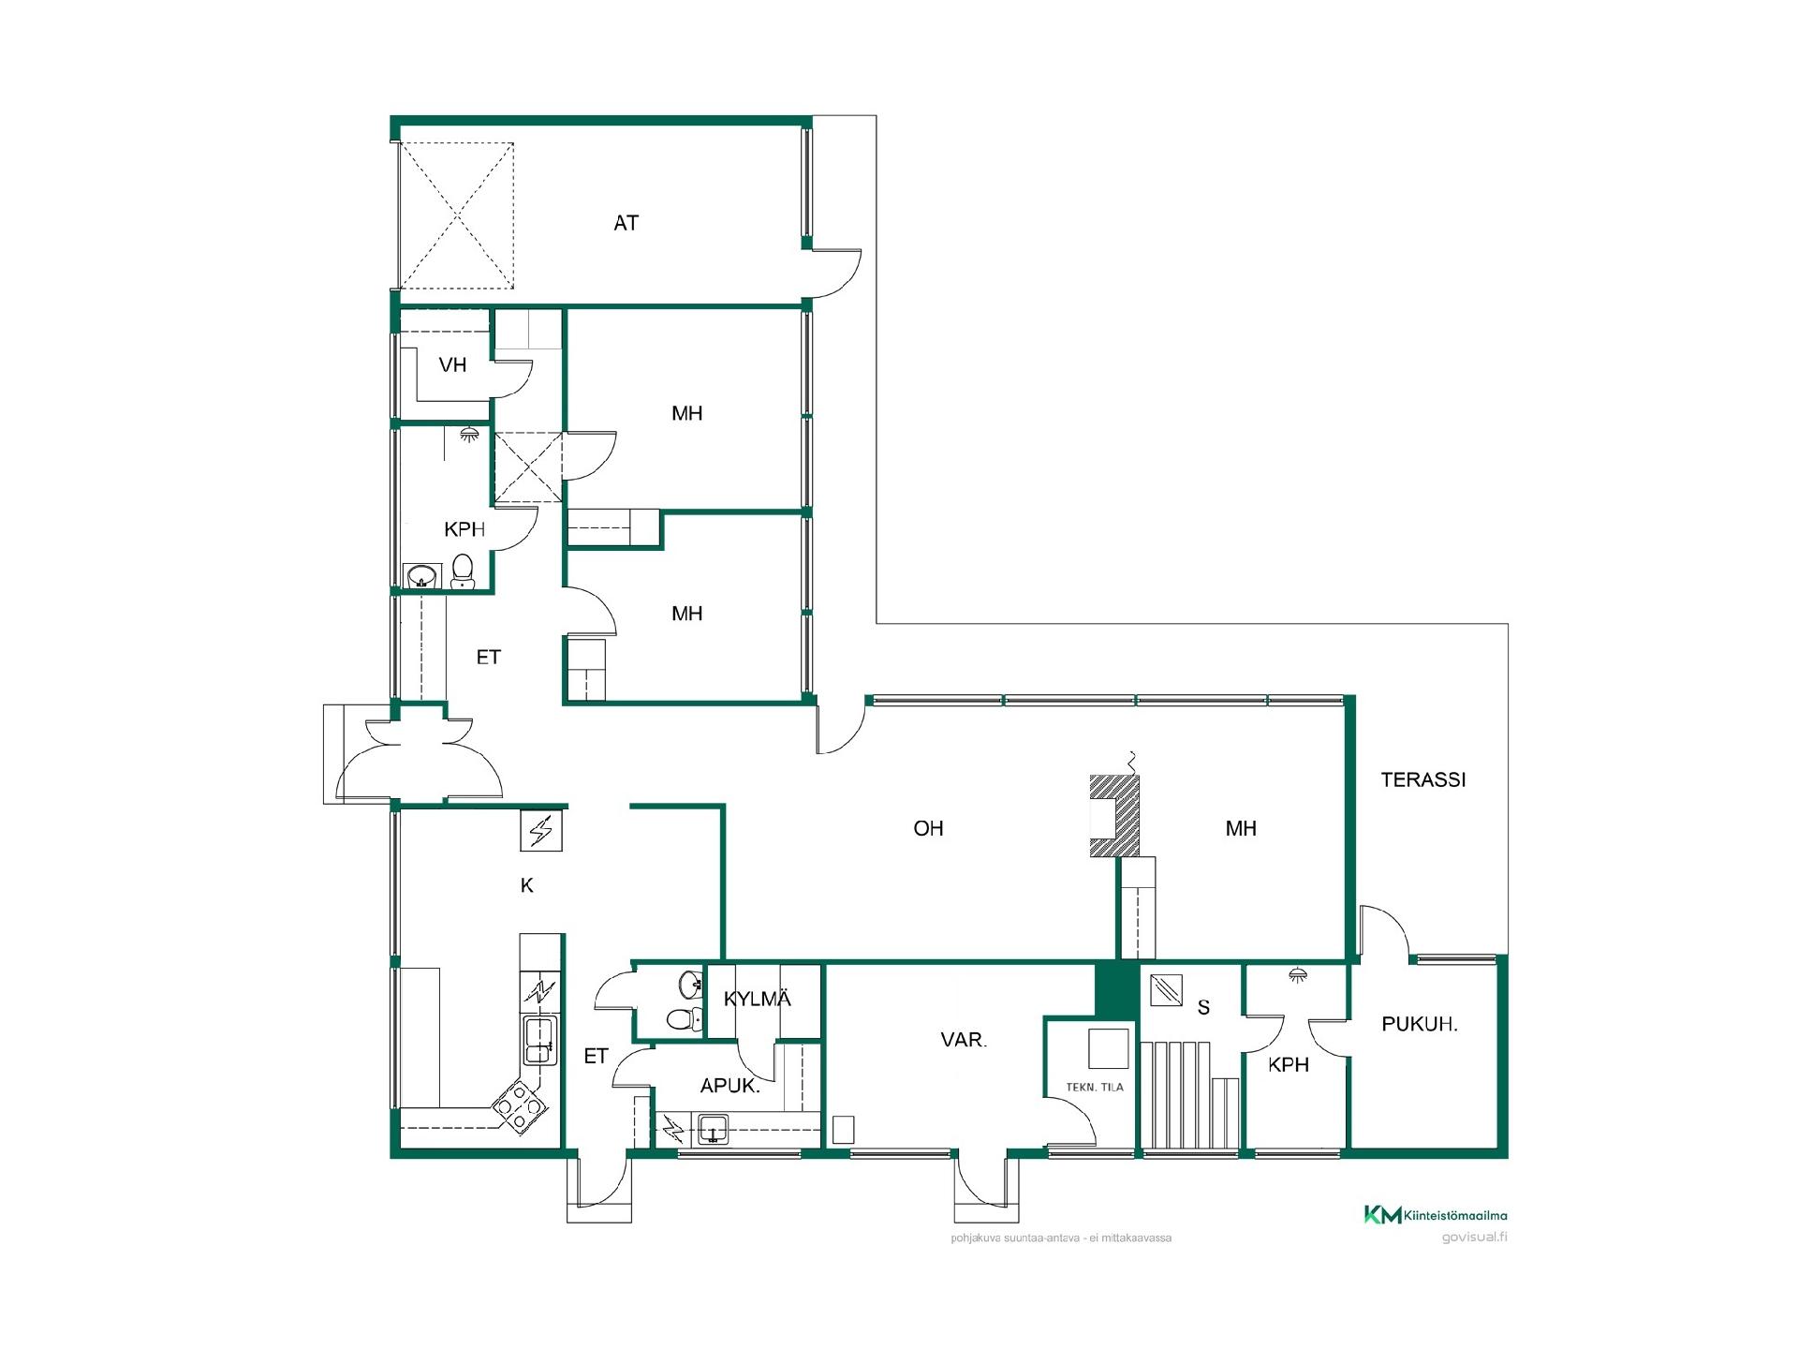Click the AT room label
tap(626, 223)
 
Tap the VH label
tap(452, 365)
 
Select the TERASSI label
tap(1422, 779)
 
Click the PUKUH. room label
tap(1419, 1025)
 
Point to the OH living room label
tap(928, 828)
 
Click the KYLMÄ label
tap(757, 999)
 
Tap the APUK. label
tap(730, 1086)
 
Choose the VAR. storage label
tap(964, 1040)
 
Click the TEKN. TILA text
tap(1094, 1088)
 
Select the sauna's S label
tap(1203, 1008)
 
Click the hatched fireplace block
tap(1114, 815)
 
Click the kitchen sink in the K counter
tap(538, 1040)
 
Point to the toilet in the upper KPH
tap(463, 571)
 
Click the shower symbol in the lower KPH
tap(1297, 975)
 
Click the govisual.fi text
tap(1474, 1238)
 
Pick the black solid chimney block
tap(1115, 989)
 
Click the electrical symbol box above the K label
tap(541, 830)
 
